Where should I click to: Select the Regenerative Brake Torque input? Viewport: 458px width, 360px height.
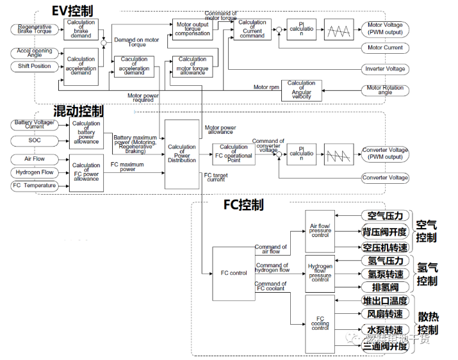[x=35, y=29]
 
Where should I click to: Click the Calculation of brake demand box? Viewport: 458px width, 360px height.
[x=80, y=29]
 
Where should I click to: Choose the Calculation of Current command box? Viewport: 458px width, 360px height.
[x=252, y=29]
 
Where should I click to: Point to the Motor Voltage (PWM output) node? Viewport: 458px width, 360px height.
[x=385, y=29]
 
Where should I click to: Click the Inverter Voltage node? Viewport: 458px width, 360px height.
[x=385, y=69]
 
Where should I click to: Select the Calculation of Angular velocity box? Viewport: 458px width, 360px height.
[x=301, y=90]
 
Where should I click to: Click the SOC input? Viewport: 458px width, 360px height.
[x=35, y=140]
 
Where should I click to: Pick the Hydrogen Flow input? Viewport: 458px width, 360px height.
[x=35, y=172]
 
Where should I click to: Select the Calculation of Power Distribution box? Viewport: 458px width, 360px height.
[x=182, y=154]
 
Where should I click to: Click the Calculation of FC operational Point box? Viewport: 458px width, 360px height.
[x=233, y=154]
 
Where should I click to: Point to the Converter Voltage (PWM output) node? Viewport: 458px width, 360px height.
[x=385, y=154]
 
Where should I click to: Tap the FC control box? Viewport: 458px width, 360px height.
[x=233, y=273]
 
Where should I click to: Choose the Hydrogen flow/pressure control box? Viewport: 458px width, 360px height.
[x=320, y=273]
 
